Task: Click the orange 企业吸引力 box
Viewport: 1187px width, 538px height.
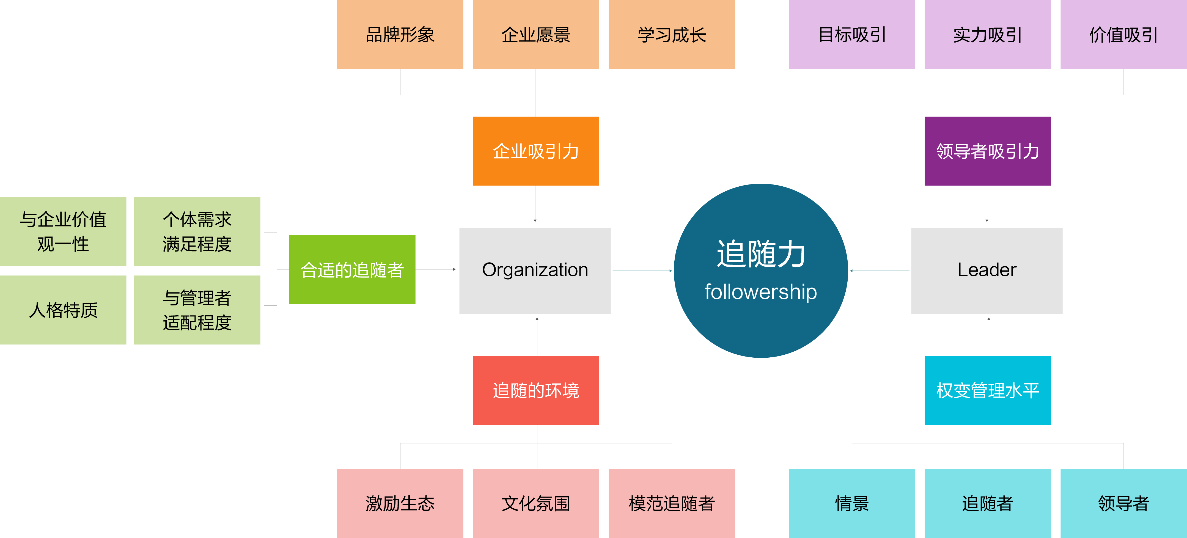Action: (x=535, y=151)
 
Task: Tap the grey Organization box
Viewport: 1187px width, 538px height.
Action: (x=535, y=271)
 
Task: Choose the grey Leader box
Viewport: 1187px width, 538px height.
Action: (x=987, y=271)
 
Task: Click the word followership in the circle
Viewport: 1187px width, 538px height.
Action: (x=760, y=292)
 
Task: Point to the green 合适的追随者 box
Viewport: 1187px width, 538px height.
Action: (x=352, y=270)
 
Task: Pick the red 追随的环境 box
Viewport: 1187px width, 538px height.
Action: (x=535, y=390)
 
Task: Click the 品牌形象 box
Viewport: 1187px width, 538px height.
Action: (x=400, y=35)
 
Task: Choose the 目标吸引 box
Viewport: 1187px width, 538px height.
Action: (x=851, y=35)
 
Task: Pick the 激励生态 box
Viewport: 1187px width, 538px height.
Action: (x=400, y=503)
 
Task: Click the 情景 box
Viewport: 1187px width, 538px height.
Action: (x=851, y=503)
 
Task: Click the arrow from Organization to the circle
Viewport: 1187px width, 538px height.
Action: (x=642, y=271)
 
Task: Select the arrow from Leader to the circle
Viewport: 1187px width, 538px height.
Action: (x=879, y=271)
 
